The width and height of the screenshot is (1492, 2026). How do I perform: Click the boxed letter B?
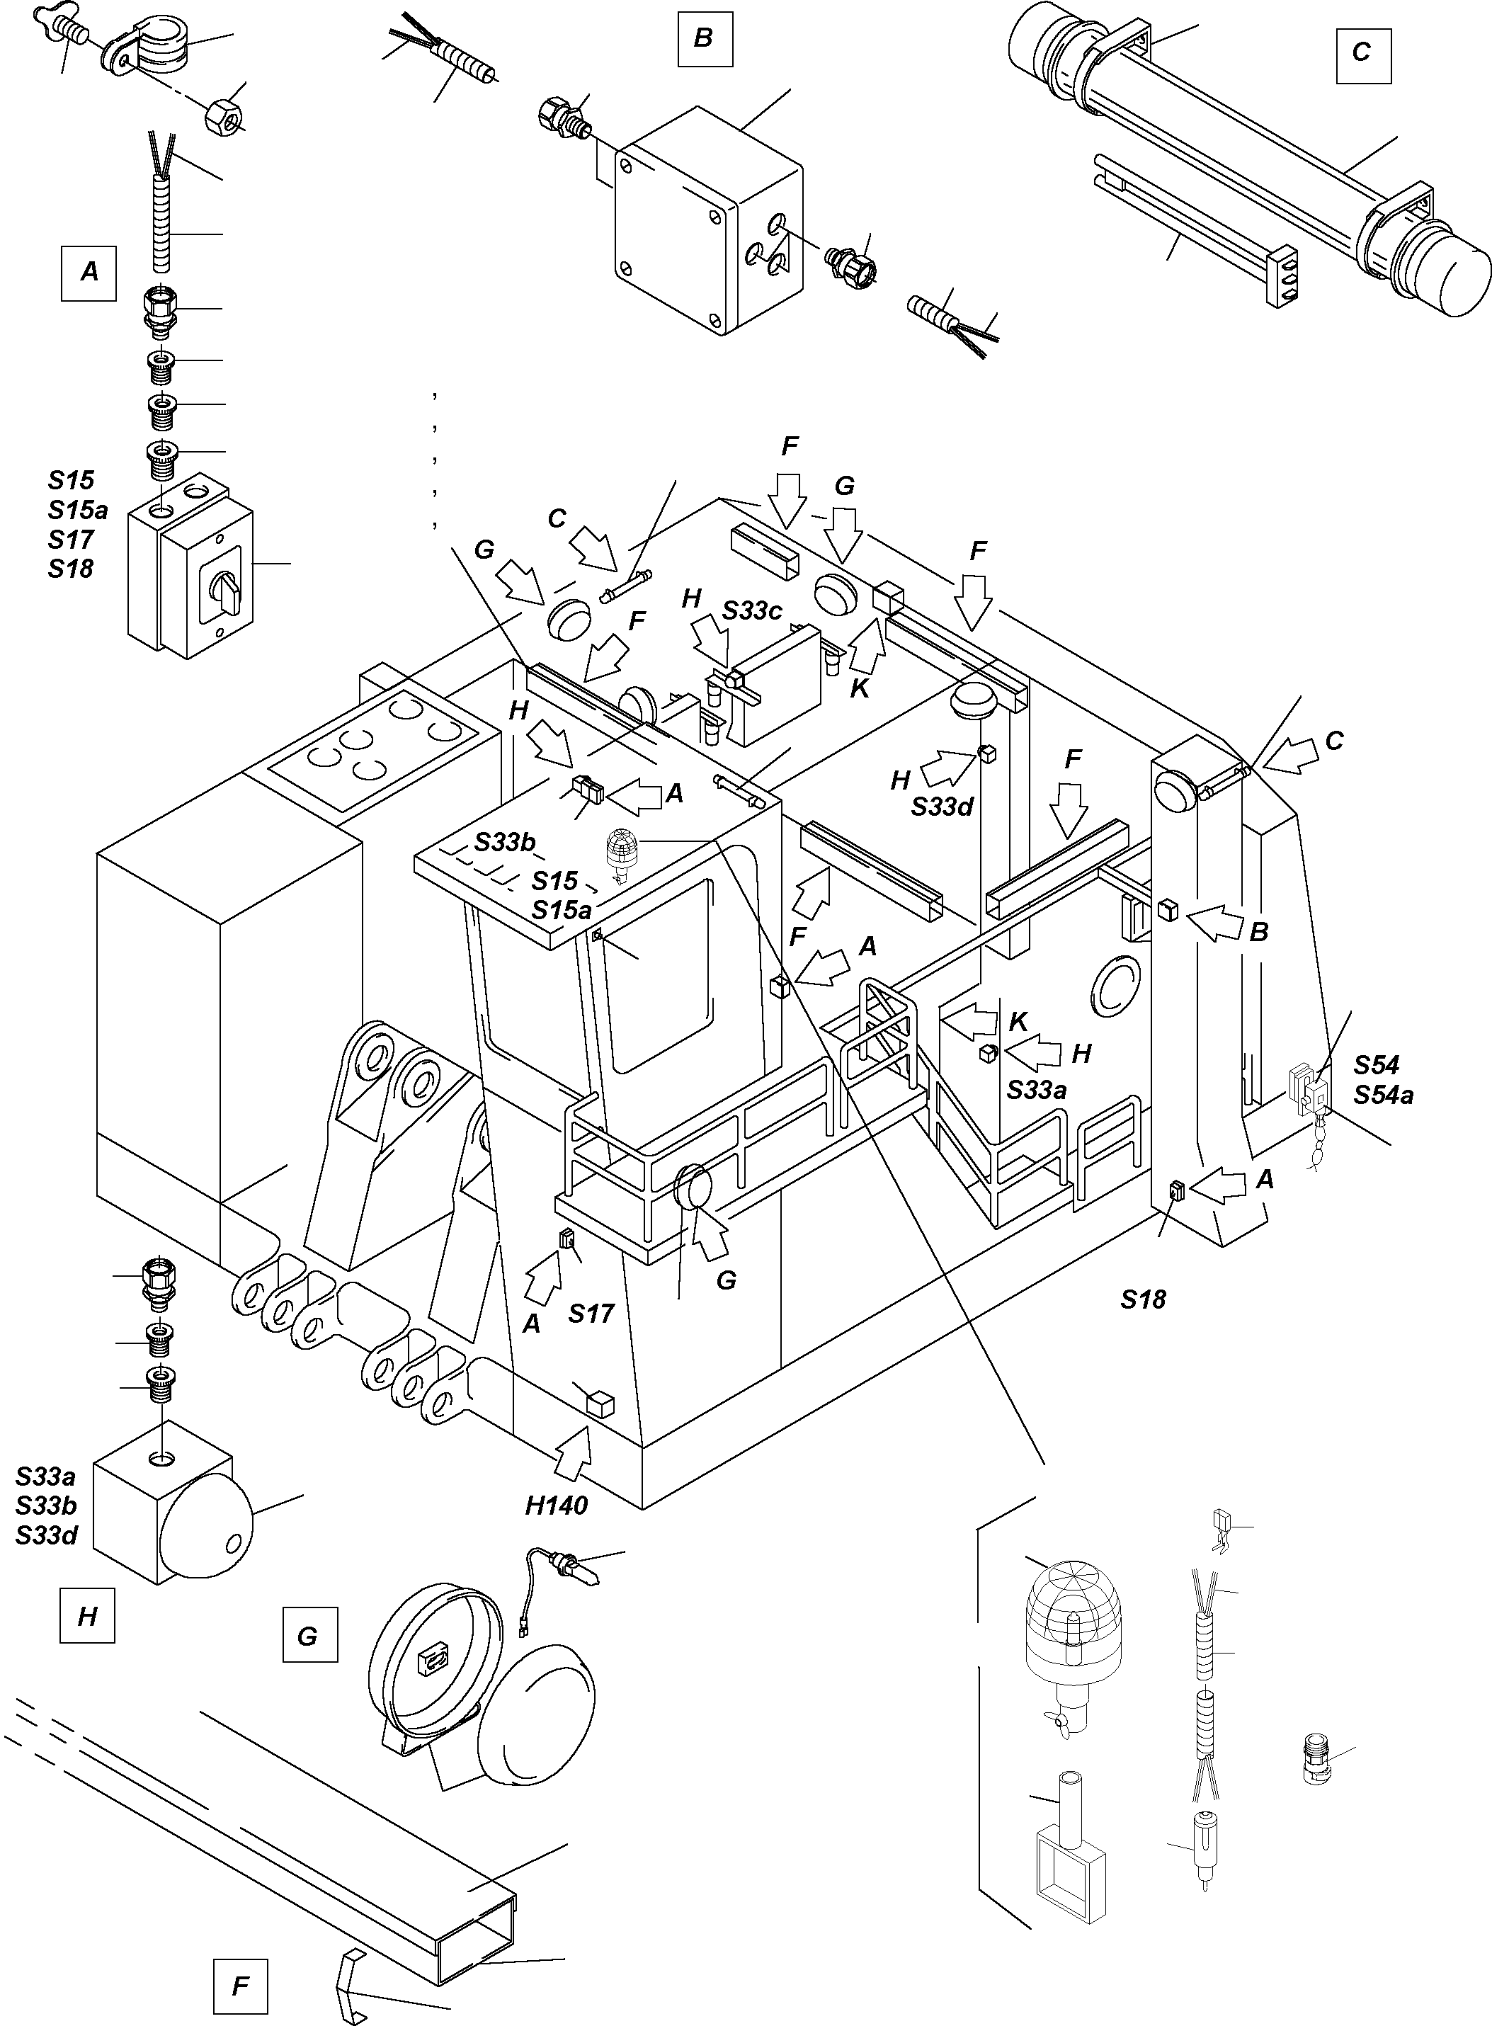click(705, 40)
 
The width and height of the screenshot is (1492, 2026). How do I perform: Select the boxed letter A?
click(89, 272)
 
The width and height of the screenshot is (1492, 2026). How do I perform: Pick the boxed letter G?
click(309, 1634)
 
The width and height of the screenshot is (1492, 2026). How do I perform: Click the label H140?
click(557, 1505)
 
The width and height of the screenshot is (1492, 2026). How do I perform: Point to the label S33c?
click(751, 610)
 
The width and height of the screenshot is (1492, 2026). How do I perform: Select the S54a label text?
click(1383, 1095)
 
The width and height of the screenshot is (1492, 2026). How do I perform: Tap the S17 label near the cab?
click(591, 1314)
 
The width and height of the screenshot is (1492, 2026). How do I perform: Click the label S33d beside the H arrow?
click(942, 807)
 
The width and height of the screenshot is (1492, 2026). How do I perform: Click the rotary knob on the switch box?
click(227, 591)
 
